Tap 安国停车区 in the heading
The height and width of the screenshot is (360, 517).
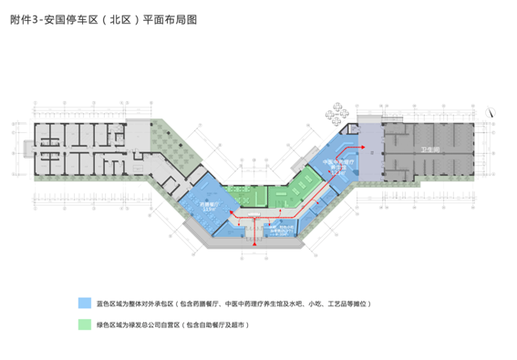(67, 18)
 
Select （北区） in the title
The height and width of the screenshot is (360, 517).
(116, 18)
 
